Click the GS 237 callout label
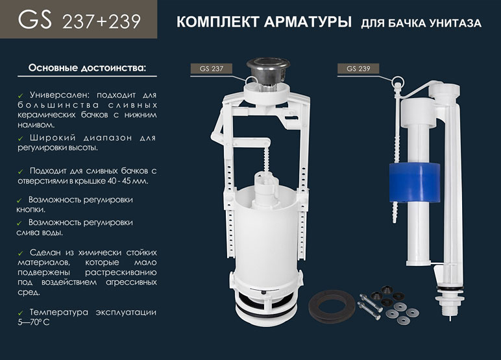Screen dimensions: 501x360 [211, 69]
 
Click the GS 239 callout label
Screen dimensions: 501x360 [358, 69]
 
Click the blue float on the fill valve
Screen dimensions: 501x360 [415, 183]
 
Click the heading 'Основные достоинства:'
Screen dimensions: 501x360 [87, 68]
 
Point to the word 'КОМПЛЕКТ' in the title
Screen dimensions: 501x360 [217, 22]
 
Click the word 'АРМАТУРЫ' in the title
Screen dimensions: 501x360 [308, 22]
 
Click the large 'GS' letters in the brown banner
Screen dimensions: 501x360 [35, 19]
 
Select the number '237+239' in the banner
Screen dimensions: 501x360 [101, 21]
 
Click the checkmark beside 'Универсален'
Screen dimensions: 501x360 [21, 95]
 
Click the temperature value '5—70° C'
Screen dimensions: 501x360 [34, 322]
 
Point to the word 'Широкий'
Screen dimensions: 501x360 [53, 138]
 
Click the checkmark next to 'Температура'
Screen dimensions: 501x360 [21, 313]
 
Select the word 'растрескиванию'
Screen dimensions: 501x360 [121, 272]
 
